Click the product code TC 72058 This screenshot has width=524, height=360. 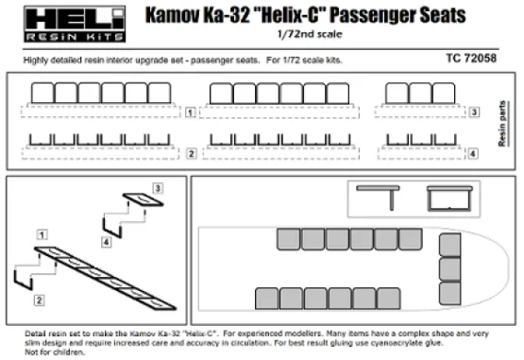click(x=480, y=59)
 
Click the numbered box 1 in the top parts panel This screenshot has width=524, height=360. click(x=190, y=112)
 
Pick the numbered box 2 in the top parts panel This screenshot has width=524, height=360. click(x=190, y=153)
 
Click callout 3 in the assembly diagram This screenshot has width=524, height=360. click(x=158, y=190)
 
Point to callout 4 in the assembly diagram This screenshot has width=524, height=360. click(x=106, y=242)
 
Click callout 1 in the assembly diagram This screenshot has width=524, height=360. click(x=41, y=232)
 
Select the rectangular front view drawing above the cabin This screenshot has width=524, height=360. click(x=448, y=197)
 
